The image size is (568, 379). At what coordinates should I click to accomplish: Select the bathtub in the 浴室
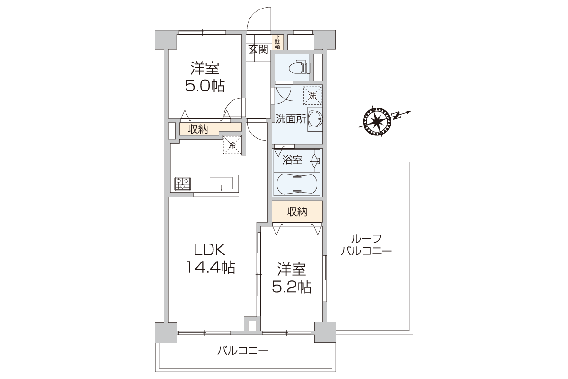296,183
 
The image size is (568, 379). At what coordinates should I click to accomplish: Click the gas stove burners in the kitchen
183,184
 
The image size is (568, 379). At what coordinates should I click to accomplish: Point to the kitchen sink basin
221,183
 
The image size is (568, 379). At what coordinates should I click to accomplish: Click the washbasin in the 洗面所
315,119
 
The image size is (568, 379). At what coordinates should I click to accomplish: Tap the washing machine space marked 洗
312,95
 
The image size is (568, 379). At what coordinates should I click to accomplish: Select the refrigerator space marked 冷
232,145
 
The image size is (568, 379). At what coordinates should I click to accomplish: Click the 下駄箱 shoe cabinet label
277,42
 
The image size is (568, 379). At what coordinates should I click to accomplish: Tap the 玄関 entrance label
258,49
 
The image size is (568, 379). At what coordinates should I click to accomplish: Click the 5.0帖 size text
205,86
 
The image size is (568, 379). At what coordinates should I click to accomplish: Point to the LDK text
209,250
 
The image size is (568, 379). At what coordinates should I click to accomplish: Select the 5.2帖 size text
292,287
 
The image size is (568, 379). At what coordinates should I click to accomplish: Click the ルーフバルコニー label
366,245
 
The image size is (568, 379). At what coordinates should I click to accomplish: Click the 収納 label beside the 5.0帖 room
198,129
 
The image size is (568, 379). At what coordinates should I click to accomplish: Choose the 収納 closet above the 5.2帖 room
297,211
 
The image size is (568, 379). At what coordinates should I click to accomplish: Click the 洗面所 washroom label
291,119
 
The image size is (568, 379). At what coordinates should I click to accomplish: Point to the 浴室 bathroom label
293,160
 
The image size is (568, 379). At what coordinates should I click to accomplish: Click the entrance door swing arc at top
254,14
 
